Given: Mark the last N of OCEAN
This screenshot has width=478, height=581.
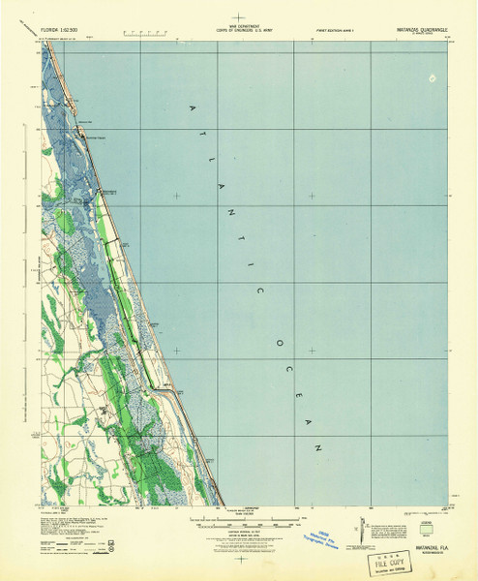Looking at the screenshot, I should (319, 447).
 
